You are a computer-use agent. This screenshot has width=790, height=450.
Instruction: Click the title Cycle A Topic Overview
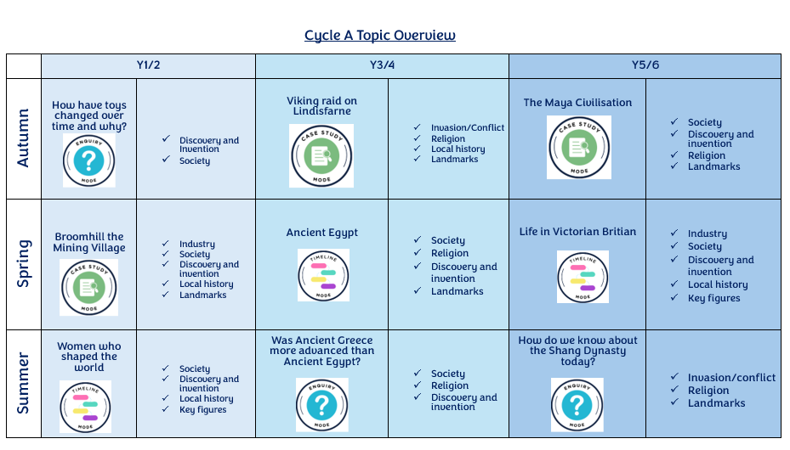[x=380, y=36]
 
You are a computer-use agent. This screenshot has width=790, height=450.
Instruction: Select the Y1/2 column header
[x=149, y=65]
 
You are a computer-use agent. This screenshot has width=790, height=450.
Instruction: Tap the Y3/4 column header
[x=382, y=65]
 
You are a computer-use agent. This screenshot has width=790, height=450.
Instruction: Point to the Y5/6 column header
[x=645, y=65]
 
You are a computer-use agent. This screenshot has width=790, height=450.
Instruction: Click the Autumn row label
[x=24, y=138]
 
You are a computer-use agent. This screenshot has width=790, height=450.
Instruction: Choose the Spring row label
[x=24, y=263]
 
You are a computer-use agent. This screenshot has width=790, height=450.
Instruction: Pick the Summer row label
[x=24, y=383]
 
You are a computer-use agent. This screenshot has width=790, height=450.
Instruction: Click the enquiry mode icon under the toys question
[x=89, y=160]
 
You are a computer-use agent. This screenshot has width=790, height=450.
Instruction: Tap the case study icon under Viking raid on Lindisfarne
[x=321, y=155]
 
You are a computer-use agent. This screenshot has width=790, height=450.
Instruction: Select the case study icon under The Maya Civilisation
[x=578, y=148]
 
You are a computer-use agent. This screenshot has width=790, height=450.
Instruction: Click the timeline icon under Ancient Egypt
[x=323, y=274]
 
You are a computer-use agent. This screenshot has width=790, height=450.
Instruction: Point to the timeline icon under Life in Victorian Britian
[x=583, y=276]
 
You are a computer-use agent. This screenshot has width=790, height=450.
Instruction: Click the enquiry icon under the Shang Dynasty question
[x=577, y=404]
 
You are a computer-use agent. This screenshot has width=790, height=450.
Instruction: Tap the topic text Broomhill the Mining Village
[x=88, y=242]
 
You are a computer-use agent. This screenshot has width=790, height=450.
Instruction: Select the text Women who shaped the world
[x=88, y=357]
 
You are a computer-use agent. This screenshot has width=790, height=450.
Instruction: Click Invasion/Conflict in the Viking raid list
[x=467, y=127]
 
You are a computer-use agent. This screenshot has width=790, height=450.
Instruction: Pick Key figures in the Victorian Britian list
[x=713, y=298]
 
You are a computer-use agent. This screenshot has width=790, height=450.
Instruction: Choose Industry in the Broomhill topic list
[x=196, y=244]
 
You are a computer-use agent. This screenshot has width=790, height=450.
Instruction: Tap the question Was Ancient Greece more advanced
[x=321, y=351]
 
